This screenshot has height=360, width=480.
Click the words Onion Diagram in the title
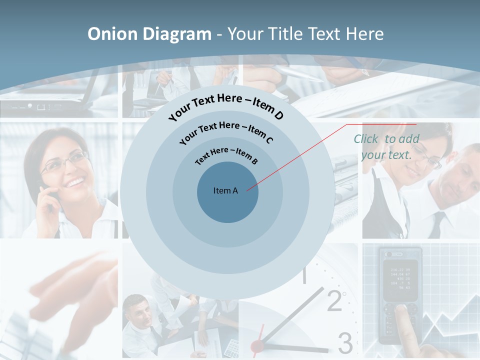[149, 34]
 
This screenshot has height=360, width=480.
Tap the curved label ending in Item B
[226, 155]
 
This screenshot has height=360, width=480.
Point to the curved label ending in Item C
[226, 131]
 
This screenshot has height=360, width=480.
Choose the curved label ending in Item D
[226, 106]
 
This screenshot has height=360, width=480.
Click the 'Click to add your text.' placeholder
[386, 147]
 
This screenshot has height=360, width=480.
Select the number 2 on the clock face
[334, 300]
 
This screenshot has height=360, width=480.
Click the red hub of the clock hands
[257, 345]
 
